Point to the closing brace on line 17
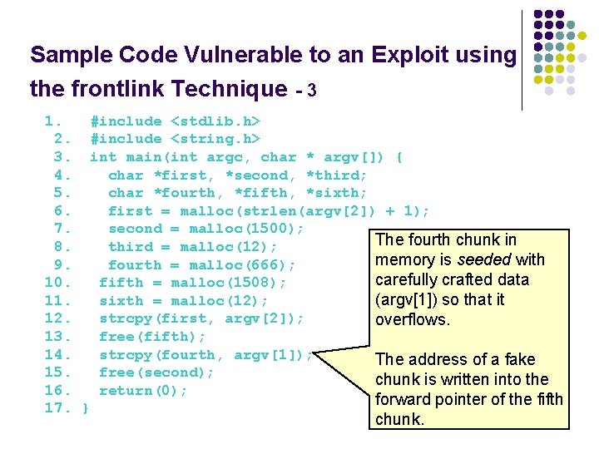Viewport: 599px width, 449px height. pyautogui.click(x=86, y=408)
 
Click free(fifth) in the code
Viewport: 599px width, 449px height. pyautogui.click(x=152, y=337)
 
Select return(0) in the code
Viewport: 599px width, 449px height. pyautogui.click(x=142, y=391)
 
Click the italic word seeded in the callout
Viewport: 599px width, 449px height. pyautogui.click(x=488, y=259)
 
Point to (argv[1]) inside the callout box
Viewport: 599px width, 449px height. pyautogui.click(x=408, y=299)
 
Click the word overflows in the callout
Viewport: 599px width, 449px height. pyautogui.click(x=413, y=320)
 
